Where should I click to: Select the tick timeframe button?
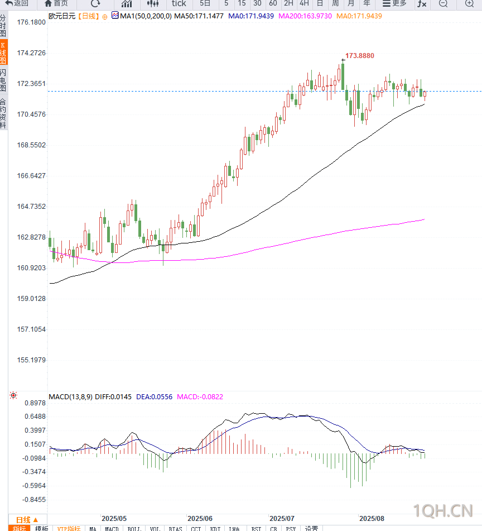point(179,3)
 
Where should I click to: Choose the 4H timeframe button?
point(304,3)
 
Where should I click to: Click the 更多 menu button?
point(394,3)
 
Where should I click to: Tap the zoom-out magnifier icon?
point(444,3)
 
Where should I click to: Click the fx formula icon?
point(422,3)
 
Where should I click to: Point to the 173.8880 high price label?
point(360,56)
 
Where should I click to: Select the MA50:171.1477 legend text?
point(199,16)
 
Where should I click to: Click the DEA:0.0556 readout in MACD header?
point(154,397)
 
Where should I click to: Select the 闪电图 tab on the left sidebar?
point(3,80)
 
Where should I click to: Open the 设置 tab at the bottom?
point(311,528)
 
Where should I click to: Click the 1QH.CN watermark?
point(443,510)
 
